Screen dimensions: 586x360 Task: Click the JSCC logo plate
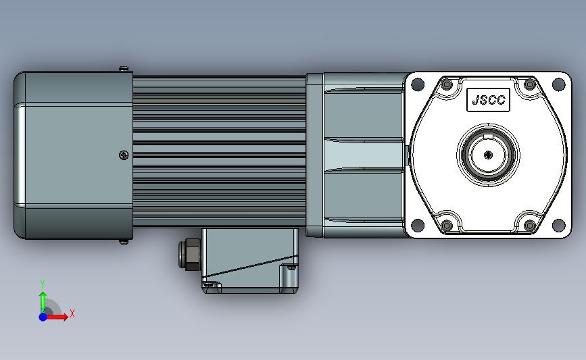pyautogui.click(x=488, y=100)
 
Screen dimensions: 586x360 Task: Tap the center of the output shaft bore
pyautogui.click(x=488, y=155)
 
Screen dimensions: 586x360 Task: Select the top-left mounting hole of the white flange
pyautogui.click(x=418, y=84)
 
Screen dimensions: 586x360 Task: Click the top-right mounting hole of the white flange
pyautogui.click(x=558, y=84)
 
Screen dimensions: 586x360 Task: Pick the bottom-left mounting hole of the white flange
pyautogui.click(x=418, y=225)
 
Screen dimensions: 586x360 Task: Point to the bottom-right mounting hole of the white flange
pyautogui.click(x=558, y=225)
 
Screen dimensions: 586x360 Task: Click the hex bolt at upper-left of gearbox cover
pyautogui.click(x=447, y=84)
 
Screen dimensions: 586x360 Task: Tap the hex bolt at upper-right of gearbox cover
pyautogui.click(x=530, y=84)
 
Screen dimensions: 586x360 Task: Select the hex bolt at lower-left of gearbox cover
pyautogui.click(x=447, y=225)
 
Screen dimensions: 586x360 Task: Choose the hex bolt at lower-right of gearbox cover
pyautogui.click(x=530, y=225)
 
